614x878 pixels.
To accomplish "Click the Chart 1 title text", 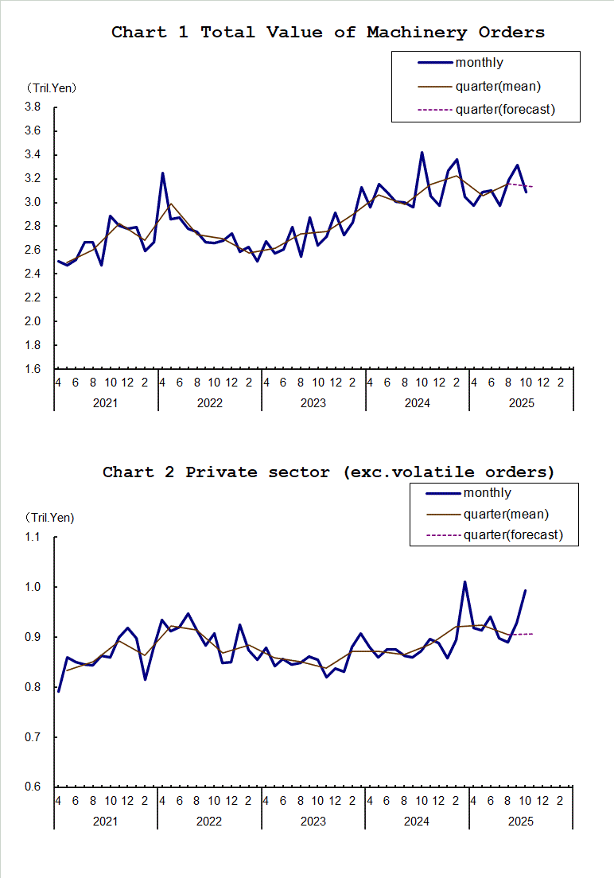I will tap(328, 33).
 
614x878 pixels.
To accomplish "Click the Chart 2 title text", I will tap(328, 472).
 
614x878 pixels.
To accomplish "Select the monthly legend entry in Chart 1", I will tap(479, 63).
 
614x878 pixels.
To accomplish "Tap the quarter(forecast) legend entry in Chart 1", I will tap(504, 110).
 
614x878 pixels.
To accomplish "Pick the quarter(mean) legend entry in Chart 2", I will tap(506, 515).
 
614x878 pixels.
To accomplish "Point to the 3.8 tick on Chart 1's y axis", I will tap(33, 107).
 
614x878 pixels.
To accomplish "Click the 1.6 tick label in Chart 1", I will tap(33, 369).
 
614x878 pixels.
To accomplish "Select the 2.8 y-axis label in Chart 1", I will tap(33, 227).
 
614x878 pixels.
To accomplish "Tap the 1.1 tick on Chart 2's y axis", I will tap(33, 538).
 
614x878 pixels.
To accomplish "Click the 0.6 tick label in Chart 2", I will tap(33, 787).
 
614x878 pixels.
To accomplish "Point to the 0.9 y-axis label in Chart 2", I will tap(33, 638).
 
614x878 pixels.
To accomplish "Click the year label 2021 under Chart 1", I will tap(105, 403).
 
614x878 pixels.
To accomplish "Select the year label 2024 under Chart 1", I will tap(417, 403).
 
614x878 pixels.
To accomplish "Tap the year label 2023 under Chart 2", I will tap(313, 822).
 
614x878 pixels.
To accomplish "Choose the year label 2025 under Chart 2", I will tap(521, 822).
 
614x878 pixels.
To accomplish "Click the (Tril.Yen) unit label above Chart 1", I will tap(52, 87).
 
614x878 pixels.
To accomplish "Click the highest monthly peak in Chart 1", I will tap(422, 152).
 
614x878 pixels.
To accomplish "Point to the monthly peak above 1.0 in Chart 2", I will tap(464, 582).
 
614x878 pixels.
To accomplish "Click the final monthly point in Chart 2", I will tap(525, 590).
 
